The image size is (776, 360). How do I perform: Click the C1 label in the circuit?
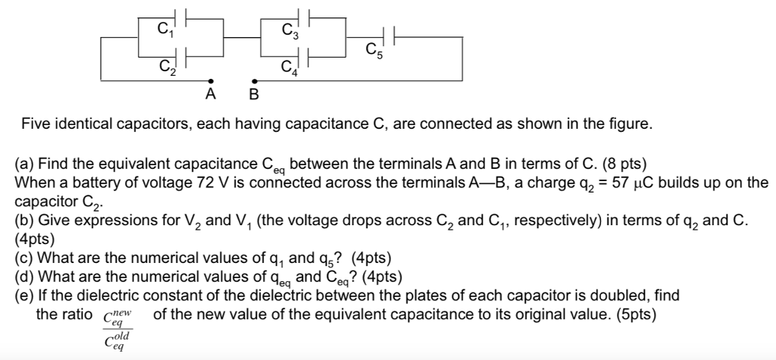click(x=163, y=31)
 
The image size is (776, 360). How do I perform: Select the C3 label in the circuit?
click(x=288, y=31)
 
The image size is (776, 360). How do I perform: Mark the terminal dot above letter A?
click(x=211, y=80)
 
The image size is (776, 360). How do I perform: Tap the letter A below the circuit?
click(x=211, y=95)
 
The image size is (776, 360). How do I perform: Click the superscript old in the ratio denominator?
click(x=120, y=336)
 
